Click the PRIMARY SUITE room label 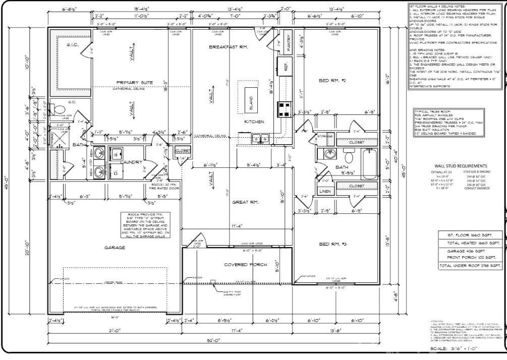point(135,83)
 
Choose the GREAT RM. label point(246,202)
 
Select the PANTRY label point(289,39)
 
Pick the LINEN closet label point(324,191)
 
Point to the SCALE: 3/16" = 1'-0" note point(453,348)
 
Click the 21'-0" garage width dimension point(114,330)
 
